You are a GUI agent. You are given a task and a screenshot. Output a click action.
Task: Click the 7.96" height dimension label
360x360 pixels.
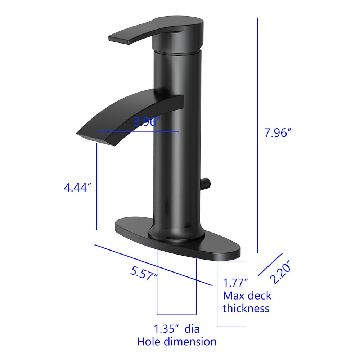278,133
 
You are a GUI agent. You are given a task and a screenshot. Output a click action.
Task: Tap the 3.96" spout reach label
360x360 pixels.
147,122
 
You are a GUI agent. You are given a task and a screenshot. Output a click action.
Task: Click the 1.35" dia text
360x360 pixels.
176,329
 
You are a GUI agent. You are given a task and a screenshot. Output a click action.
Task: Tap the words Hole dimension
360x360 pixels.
176,342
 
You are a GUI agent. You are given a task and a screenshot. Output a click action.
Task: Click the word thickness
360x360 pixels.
246,309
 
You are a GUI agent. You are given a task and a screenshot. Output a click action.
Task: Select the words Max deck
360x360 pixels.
247,296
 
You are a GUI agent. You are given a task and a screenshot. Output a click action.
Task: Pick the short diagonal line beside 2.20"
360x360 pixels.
270,264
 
